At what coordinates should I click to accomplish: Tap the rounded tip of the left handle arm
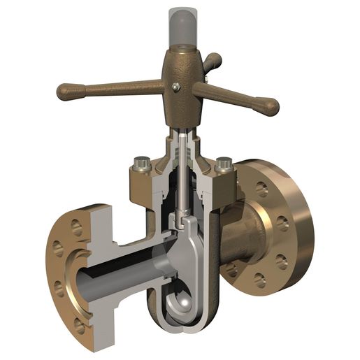coord(64,91)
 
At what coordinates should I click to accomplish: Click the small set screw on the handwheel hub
coord(177,87)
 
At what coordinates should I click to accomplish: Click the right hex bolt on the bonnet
coord(224,166)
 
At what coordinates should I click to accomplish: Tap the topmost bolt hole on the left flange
coord(76,226)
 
